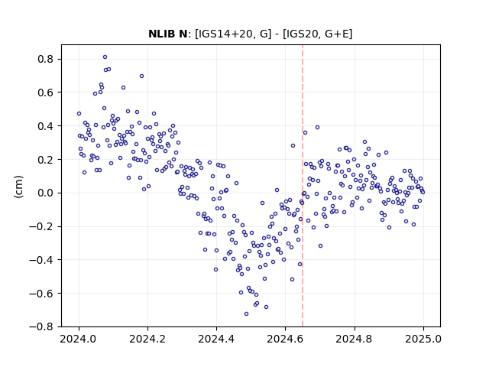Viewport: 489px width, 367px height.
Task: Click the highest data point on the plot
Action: point(105,57)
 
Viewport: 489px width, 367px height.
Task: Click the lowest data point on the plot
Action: point(246,313)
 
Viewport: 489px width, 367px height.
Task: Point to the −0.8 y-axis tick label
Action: point(42,326)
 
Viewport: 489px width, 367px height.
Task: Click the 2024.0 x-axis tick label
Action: point(79,339)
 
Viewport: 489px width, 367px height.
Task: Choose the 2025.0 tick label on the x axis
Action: point(423,339)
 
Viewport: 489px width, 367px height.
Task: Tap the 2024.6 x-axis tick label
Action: point(285,339)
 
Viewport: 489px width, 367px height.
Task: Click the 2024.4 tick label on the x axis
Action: point(216,339)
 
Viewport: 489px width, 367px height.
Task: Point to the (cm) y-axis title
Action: point(18,187)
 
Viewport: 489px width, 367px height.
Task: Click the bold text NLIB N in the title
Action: point(167,34)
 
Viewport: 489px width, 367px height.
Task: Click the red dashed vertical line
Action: point(303,186)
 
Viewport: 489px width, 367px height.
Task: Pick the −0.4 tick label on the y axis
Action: point(42,260)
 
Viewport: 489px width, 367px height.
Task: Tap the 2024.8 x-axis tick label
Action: point(355,339)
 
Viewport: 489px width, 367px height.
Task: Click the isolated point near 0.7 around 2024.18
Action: point(141,76)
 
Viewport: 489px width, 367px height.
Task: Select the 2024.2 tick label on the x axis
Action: point(147,339)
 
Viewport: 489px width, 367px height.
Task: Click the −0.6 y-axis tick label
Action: point(42,294)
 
